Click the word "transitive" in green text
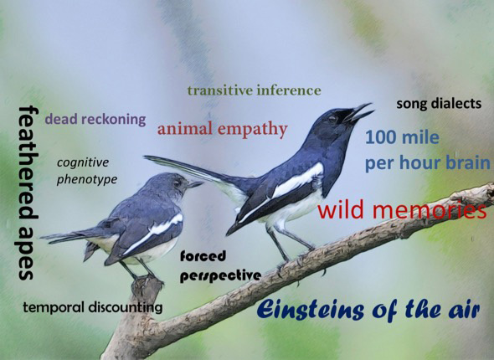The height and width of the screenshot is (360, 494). (x=220, y=90)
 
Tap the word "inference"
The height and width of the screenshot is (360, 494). (x=289, y=90)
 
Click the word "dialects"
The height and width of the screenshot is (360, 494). (x=460, y=103)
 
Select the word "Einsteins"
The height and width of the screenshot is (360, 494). (x=311, y=310)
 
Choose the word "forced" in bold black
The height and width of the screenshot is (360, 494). (x=203, y=255)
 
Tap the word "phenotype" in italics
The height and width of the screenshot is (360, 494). (x=87, y=180)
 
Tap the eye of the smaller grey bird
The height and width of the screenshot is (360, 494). (x=178, y=183)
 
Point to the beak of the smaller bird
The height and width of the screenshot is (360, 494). (x=195, y=184)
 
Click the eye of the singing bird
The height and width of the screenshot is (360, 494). (x=332, y=119)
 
